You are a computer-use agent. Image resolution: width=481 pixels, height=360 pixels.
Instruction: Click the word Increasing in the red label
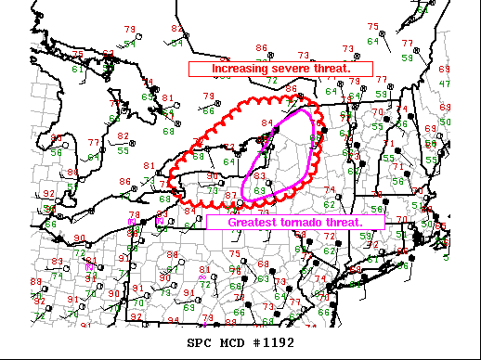click(240, 69)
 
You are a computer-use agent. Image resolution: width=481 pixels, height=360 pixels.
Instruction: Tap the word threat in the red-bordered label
click(332, 69)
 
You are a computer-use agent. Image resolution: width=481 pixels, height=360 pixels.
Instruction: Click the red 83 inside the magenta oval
click(260, 175)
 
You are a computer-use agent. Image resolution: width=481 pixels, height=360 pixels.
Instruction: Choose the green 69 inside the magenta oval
click(260, 190)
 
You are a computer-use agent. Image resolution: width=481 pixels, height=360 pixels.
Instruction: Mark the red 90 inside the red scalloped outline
click(212, 176)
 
